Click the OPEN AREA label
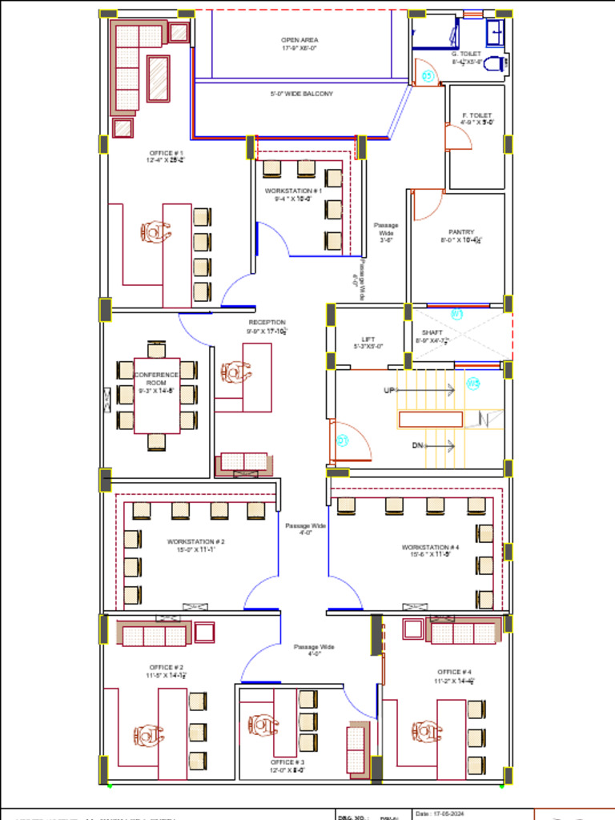click(x=299, y=39)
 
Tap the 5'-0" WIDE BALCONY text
click(x=301, y=94)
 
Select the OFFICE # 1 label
click(x=166, y=152)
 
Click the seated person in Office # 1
click(x=155, y=231)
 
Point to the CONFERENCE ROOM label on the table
click(x=156, y=379)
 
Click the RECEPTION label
click(x=267, y=322)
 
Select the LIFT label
click(x=368, y=339)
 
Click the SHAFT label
click(x=432, y=332)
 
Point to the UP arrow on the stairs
click(x=390, y=391)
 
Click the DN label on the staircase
click(x=417, y=444)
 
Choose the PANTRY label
click(x=461, y=232)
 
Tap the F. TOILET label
click(x=476, y=115)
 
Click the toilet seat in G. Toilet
click(x=496, y=63)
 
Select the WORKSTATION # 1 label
click(x=293, y=191)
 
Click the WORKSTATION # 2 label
click(x=195, y=541)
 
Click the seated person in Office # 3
click(x=262, y=726)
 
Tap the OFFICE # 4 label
click(x=454, y=672)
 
